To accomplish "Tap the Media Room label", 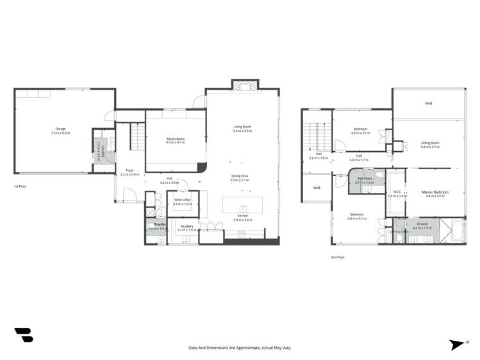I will pos(176,140).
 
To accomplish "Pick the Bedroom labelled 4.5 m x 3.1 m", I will pos(360,131).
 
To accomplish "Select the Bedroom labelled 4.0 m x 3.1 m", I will pos(358,216).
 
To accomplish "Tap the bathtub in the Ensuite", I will pos(456,230).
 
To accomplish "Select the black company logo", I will pos(23,334).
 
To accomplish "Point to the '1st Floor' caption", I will pos(20,186).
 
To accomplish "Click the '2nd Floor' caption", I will pos(338,257).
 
